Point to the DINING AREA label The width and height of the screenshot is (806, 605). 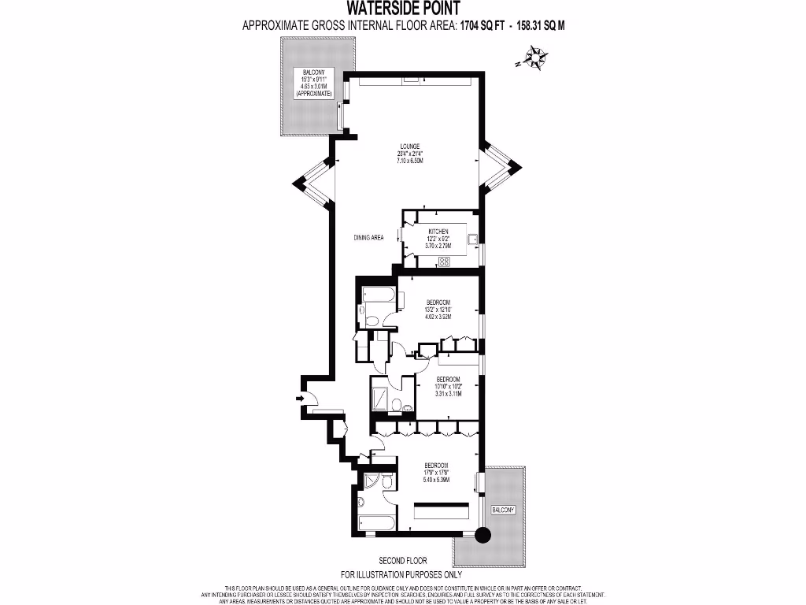pos(368,238)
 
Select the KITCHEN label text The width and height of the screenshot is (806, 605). pos(438,231)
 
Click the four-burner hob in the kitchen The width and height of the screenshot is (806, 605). pos(445,262)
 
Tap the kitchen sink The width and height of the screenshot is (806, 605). pos(474,240)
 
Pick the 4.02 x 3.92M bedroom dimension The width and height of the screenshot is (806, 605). pos(438,317)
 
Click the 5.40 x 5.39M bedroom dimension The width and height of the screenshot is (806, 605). pos(436,479)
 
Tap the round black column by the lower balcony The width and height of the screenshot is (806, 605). pos(482,535)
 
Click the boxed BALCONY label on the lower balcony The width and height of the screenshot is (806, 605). pos(503,510)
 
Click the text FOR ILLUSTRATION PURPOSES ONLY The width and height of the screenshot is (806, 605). pos(402,574)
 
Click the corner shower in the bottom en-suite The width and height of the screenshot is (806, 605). pos(368,482)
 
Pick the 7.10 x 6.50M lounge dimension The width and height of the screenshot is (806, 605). pos(410,161)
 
